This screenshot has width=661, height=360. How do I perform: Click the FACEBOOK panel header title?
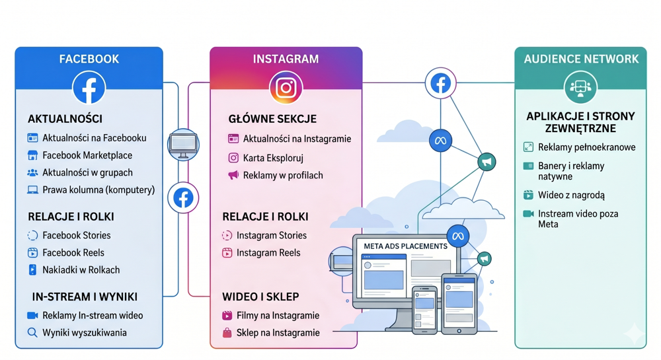click(x=89, y=59)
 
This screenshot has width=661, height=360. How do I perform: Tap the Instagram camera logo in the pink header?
click(x=286, y=88)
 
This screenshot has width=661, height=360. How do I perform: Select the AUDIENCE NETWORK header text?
click(x=581, y=59)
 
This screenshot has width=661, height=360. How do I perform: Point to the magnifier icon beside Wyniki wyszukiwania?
click(x=32, y=333)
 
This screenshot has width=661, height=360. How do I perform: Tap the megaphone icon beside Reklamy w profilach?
click(x=233, y=175)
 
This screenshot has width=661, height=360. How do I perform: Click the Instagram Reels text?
click(x=268, y=252)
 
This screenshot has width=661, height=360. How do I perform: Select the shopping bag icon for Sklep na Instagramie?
click(x=227, y=333)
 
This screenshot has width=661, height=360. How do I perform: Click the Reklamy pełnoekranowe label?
click(x=587, y=147)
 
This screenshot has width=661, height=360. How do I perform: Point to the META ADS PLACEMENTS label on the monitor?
click(x=406, y=246)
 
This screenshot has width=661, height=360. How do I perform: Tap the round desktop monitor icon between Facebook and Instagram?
click(x=183, y=145)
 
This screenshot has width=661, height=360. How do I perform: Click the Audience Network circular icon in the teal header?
click(x=580, y=87)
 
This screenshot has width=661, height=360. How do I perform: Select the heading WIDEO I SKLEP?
click(x=260, y=297)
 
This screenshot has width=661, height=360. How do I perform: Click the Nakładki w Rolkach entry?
click(x=81, y=270)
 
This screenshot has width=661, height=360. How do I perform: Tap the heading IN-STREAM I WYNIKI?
click(x=85, y=297)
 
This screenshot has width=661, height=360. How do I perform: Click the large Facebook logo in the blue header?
click(x=89, y=88)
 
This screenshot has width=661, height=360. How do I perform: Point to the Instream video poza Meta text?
click(x=578, y=219)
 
